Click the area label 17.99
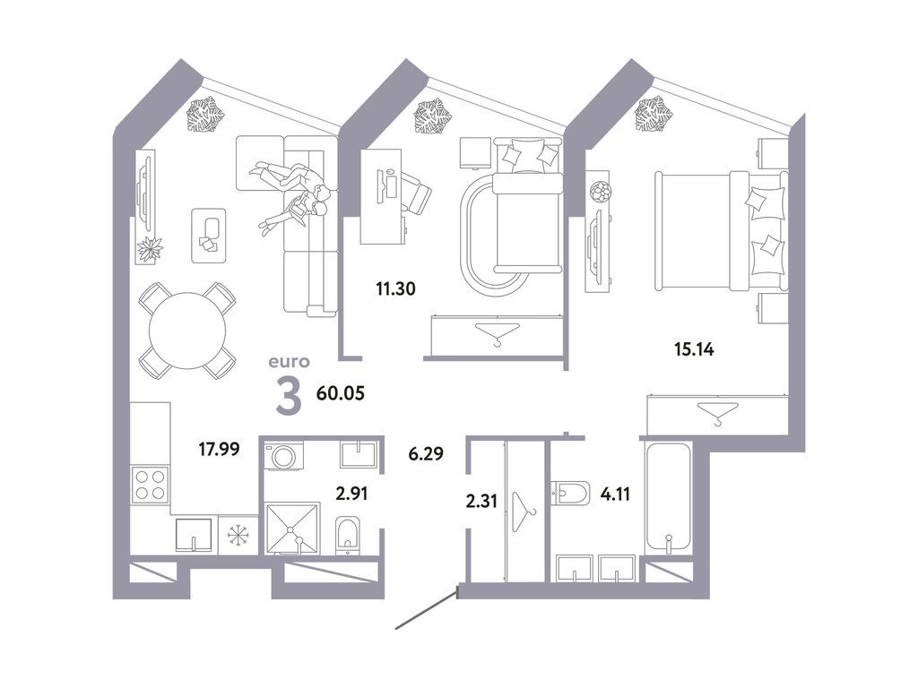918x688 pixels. click(219, 450)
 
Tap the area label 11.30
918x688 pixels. click(395, 288)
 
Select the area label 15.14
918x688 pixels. click(694, 350)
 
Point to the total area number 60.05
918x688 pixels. click(340, 393)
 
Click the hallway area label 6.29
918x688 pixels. click(426, 453)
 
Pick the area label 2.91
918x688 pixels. click(351, 494)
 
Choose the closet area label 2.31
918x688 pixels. click(481, 502)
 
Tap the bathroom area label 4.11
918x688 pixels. click(615, 494)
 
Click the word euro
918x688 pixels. click(289, 362)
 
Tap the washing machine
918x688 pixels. click(284, 456)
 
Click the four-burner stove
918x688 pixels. click(150, 485)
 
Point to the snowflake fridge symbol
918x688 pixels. click(238, 535)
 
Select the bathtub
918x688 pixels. click(668, 497)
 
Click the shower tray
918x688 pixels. click(293, 529)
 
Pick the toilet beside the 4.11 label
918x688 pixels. click(570, 494)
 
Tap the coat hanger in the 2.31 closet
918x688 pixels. click(524, 512)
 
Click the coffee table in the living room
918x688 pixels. click(209, 236)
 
